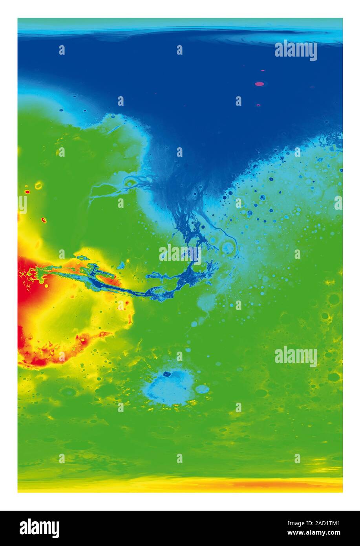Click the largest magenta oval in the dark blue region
(x=259, y=84)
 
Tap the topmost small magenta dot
(x=262, y=71)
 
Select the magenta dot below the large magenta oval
(x=258, y=105)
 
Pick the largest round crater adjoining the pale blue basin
(x=202, y=389)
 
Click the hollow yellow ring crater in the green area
(x=38, y=185)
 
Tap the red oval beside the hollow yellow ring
(x=27, y=192)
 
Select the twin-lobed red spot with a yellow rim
(x=44, y=220)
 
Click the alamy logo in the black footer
(x=39, y=528)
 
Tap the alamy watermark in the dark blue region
(x=296, y=50)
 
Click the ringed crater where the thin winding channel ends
(x=228, y=247)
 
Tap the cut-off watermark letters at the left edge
(x=22, y=205)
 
